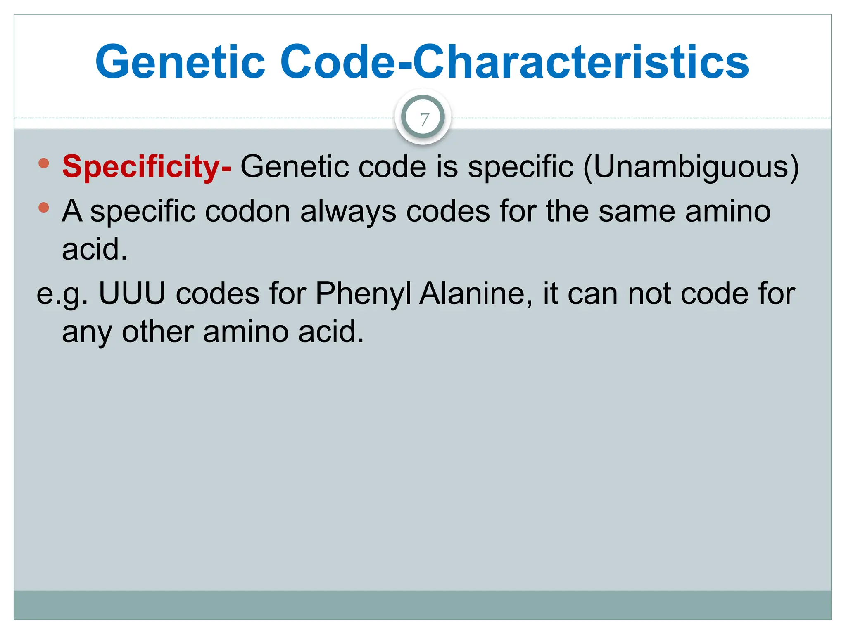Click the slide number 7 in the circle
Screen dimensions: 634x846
[x=423, y=120]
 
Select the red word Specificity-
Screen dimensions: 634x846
[x=147, y=167]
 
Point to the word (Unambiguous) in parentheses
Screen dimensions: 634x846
[x=691, y=167]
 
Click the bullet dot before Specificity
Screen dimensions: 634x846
[x=43, y=163]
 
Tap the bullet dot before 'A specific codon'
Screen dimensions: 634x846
[x=43, y=207]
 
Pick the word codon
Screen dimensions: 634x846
[x=247, y=211]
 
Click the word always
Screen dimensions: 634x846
[x=348, y=211]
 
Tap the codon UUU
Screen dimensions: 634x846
[x=132, y=294]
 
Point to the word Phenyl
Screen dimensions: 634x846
[x=364, y=294]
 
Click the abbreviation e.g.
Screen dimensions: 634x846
[x=62, y=294]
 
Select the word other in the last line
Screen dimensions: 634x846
[x=157, y=332]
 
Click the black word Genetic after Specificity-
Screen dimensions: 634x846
[x=295, y=167]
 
